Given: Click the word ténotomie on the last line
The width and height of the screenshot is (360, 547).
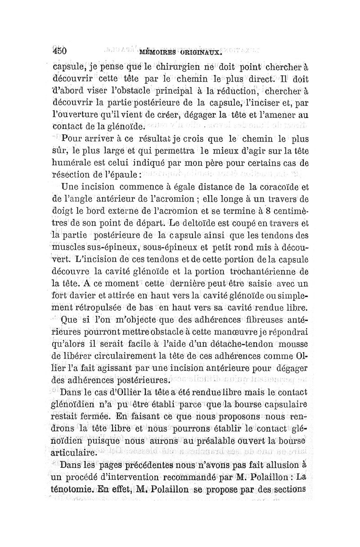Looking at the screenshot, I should point(70,490).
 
